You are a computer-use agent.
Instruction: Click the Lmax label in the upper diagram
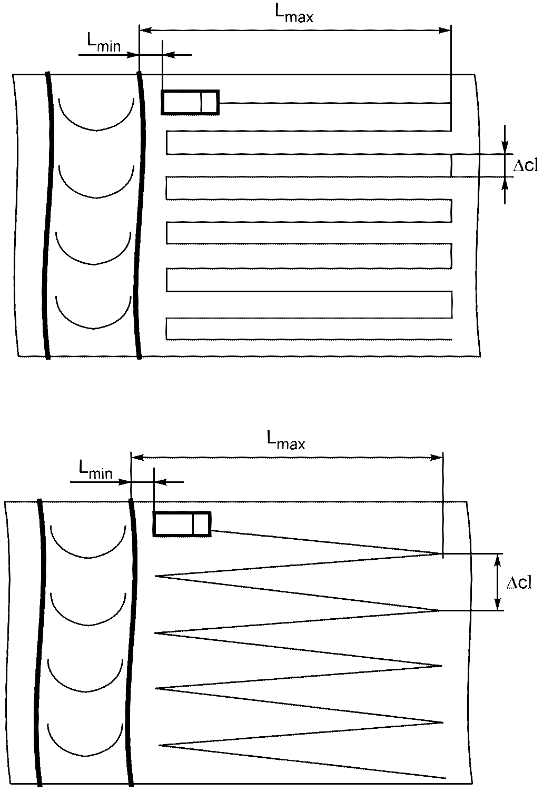[294, 15]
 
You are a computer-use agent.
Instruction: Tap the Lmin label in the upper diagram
[104, 44]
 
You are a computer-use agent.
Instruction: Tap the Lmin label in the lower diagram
[95, 470]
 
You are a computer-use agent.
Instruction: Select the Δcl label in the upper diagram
[526, 165]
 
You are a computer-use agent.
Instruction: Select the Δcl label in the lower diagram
[519, 582]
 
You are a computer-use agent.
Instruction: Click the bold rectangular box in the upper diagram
[190, 103]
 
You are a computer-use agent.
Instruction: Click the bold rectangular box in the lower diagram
[182, 524]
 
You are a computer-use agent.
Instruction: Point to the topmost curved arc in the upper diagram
[96, 130]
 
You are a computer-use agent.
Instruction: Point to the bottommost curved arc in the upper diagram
[94, 329]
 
